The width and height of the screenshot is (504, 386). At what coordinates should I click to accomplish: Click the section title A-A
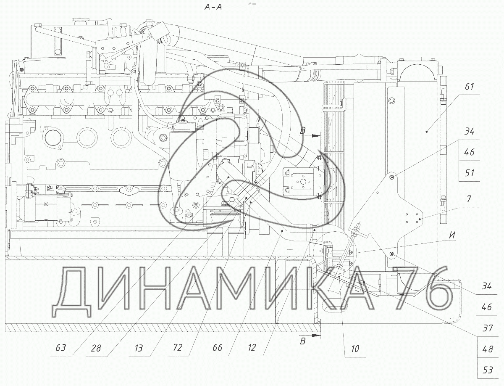pos(213,7)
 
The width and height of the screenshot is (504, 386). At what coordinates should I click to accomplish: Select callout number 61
pos(469,87)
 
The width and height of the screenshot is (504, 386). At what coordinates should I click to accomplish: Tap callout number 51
pos(469,173)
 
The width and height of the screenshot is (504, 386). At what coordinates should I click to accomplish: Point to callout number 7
pos(469,198)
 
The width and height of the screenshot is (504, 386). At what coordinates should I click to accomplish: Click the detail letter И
pos(451,235)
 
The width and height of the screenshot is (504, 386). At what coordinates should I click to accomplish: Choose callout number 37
pos(488,328)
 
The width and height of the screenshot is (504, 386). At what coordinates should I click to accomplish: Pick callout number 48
pos(488,349)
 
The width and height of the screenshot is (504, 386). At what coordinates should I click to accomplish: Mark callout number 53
pos(488,370)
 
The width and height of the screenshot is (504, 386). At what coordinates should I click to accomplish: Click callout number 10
pos(355,349)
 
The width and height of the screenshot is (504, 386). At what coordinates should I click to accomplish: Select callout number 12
pos(252,347)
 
